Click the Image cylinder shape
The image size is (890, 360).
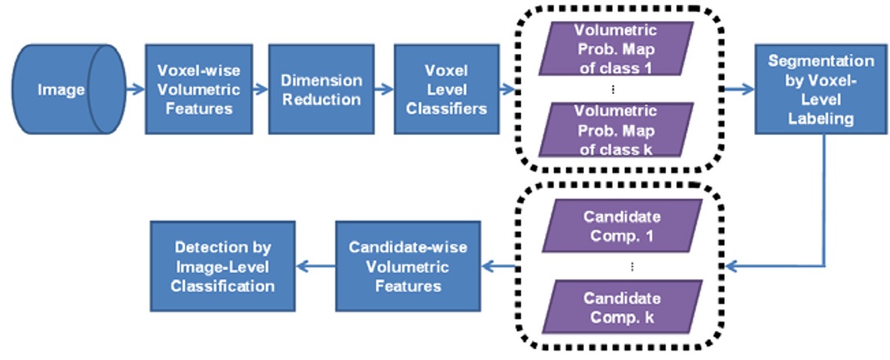(x=65, y=89)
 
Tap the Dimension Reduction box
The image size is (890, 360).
(x=321, y=89)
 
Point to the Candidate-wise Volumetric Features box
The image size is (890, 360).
(x=407, y=266)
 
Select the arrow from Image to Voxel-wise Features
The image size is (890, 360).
(x=134, y=89)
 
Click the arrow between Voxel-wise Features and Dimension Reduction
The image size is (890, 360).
(x=258, y=89)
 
